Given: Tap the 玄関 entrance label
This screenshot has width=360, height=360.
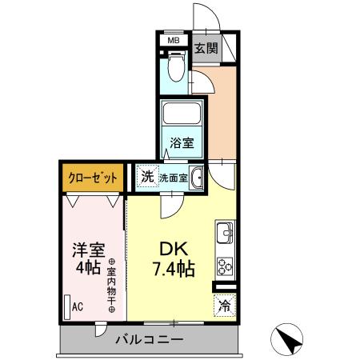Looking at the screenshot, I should coord(206,48).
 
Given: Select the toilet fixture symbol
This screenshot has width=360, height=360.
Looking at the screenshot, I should coord(177,68).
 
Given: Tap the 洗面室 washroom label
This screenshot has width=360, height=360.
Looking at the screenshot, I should coord(173,178).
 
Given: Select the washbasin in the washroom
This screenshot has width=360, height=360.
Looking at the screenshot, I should coord(197,178).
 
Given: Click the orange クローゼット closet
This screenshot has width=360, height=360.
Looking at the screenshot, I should coord(92,177).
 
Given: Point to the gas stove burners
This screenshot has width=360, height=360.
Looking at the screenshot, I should coord(225,265).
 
